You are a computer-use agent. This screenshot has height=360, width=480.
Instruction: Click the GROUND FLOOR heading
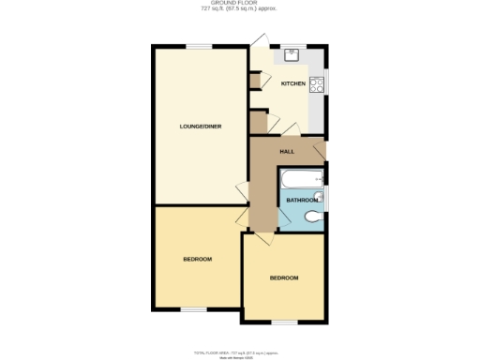239,4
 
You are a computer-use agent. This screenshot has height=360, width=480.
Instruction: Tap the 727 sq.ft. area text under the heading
239,10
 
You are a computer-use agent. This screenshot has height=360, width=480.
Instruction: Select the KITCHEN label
293,84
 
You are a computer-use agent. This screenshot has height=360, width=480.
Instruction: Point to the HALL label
287,150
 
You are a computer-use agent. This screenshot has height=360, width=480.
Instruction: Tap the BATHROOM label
301,200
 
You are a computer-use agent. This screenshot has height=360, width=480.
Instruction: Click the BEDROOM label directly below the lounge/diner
197,259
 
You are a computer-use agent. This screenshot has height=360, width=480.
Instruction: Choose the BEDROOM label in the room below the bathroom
284,278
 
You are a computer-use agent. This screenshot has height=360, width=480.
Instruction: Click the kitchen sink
291,53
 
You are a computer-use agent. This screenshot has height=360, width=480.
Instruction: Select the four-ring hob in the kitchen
317,84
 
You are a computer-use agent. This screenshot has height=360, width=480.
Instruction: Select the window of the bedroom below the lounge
193,310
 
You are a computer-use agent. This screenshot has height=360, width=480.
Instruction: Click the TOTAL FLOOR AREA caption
237,352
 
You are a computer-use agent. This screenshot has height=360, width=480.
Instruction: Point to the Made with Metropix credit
237,356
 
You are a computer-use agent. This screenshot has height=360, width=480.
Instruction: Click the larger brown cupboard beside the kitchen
258,123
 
